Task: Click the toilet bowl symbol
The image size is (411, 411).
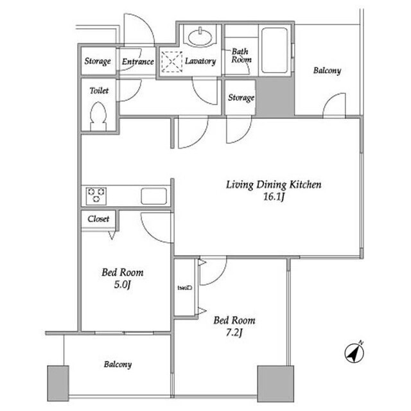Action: tap(98, 118)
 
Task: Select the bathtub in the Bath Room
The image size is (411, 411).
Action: tap(274, 50)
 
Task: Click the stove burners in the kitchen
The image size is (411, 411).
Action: tap(96, 195)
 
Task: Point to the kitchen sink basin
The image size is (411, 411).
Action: tap(154, 195)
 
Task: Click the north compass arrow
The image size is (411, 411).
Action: tap(353, 352)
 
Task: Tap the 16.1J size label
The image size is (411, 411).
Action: tap(273, 197)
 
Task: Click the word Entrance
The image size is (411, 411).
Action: tap(137, 62)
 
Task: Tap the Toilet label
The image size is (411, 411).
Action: tap(98, 91)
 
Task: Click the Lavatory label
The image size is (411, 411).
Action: tap(200, 62)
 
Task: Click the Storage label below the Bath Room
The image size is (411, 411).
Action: tap(241, 98)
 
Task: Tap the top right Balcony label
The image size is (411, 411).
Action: tap(327, 71)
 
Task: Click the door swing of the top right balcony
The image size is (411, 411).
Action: tap(335, 106)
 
